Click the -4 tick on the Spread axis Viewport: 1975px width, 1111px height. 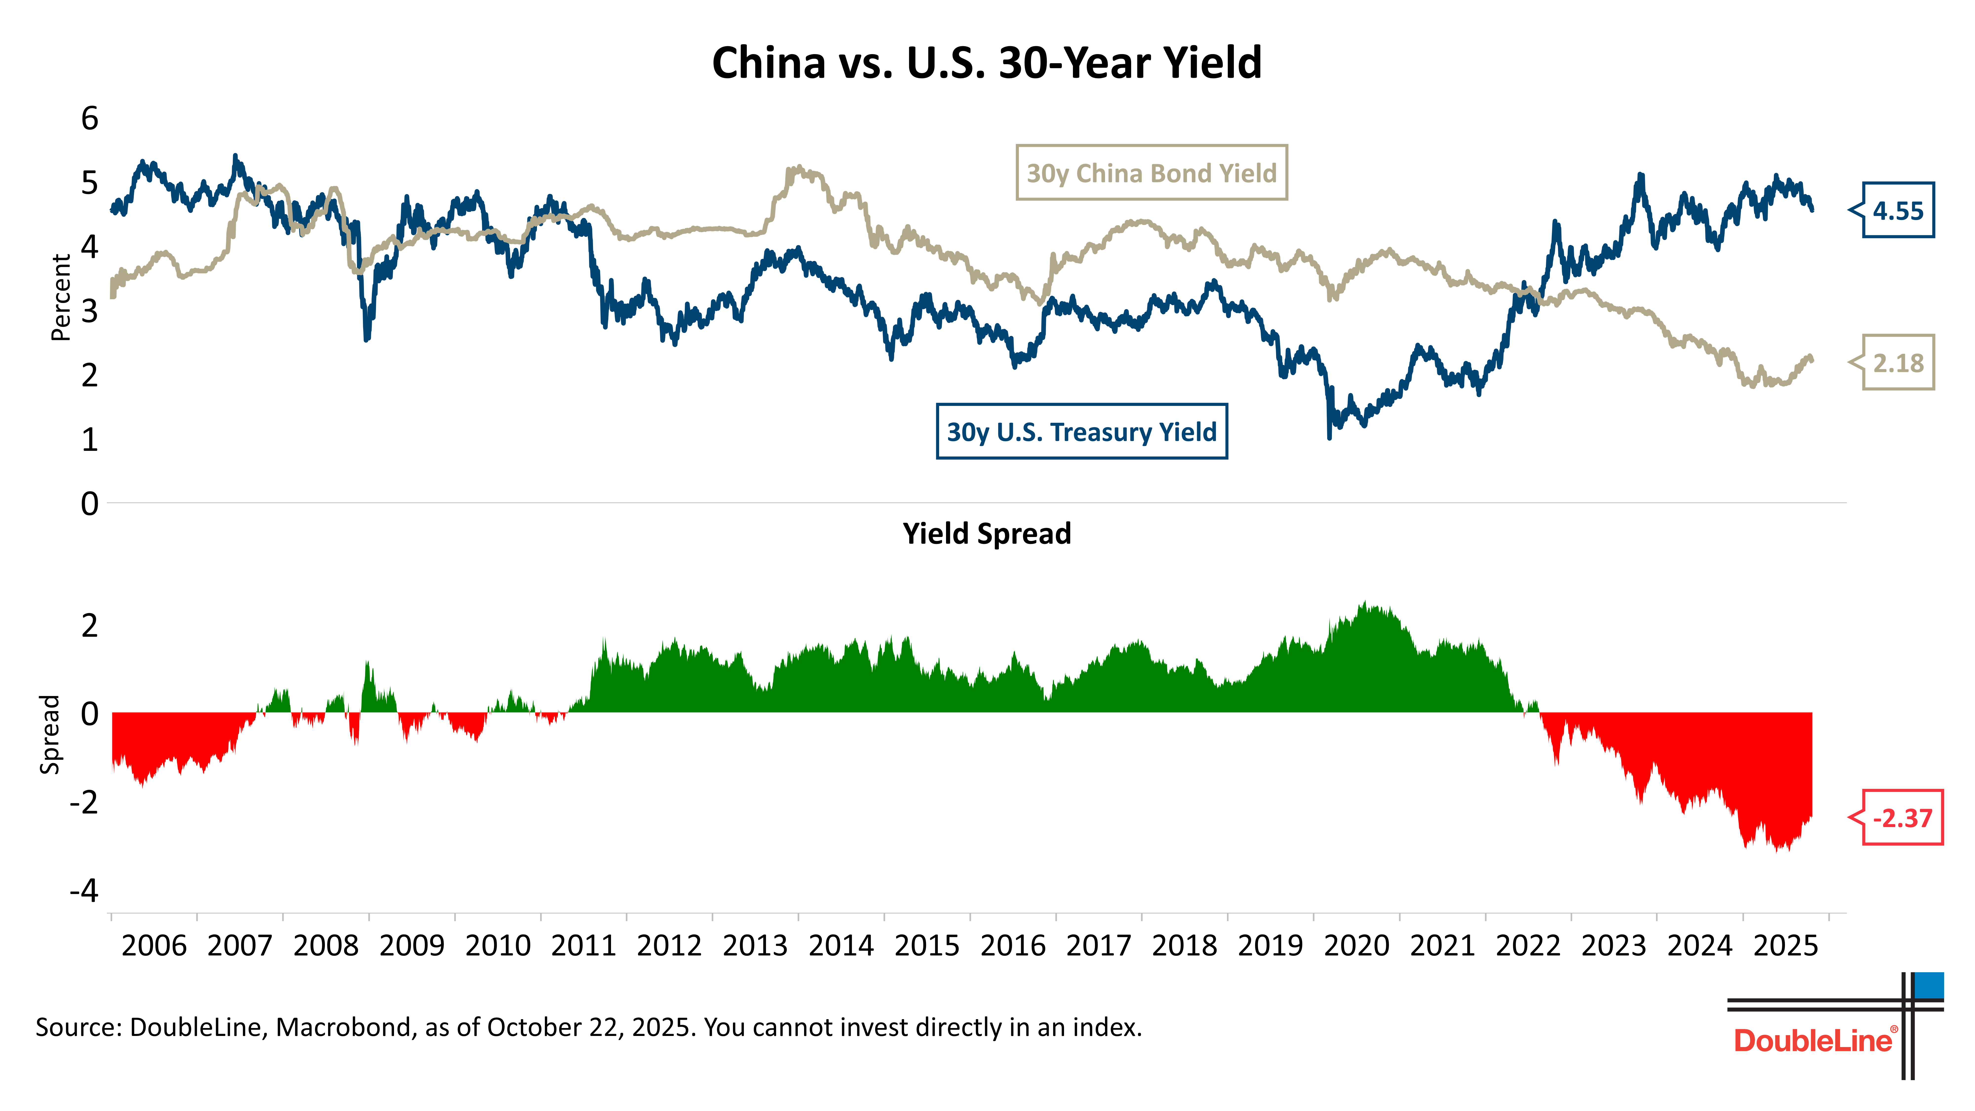pyautogui.click(x=84, y=891)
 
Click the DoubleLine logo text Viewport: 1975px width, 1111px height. pyautogui.click(x=1813, y=1040)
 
